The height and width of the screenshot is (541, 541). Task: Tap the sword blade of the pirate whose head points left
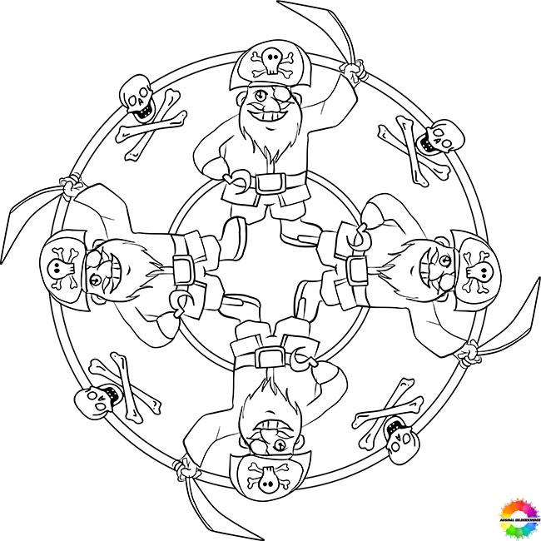click(x=30, y=213)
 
